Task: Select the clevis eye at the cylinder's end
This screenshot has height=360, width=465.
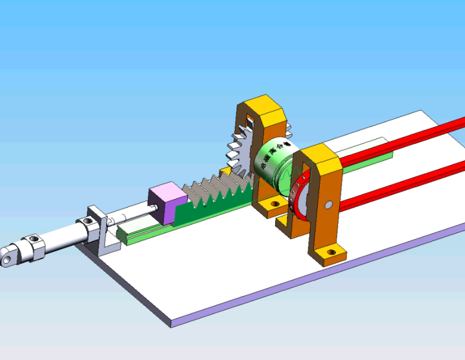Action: point(7,258)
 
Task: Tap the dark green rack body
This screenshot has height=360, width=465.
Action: point(207,206)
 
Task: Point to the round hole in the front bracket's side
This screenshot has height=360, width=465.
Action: point(328,206)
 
